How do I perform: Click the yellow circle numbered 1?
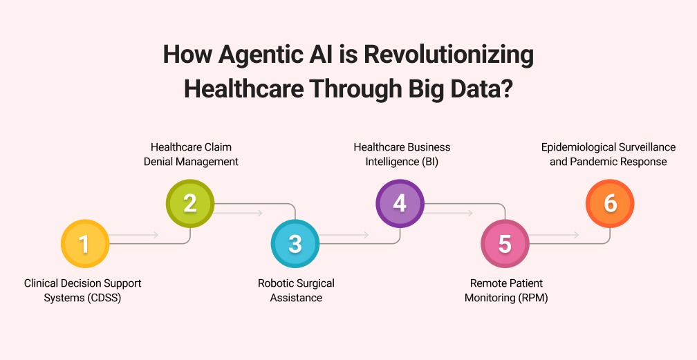point(85,244)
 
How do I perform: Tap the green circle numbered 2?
point(190,203)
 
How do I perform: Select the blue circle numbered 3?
point(295,244)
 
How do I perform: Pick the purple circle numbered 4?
point(400,203)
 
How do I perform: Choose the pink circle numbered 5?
point(505,244)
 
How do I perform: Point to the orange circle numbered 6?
point(609,203)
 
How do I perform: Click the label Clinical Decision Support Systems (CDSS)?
point(82,290)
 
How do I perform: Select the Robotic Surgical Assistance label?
point(296,290)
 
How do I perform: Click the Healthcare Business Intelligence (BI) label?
point(402,154)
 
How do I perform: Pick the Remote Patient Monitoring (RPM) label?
point(508,290)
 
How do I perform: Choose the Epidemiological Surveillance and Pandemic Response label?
point(608,154)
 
